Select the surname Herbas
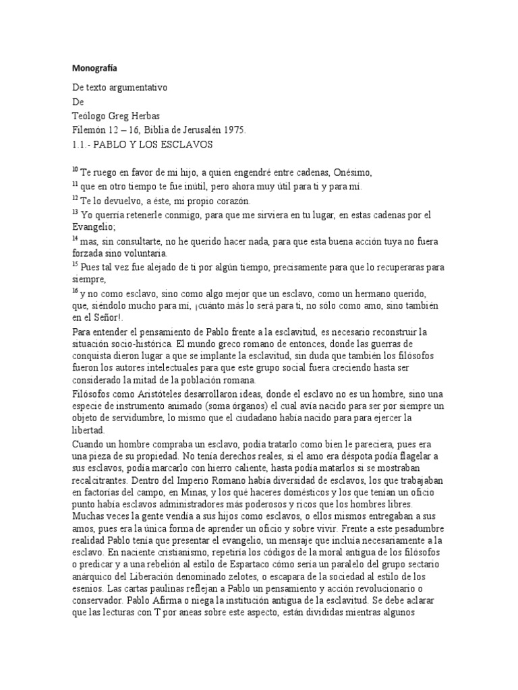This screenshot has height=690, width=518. pyautogui.click(x=154, y=116)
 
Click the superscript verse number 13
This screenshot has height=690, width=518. pyautogui.click(x=75, y=212)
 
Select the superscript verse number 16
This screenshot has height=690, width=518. pyautogui.click(x=75, y=290)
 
